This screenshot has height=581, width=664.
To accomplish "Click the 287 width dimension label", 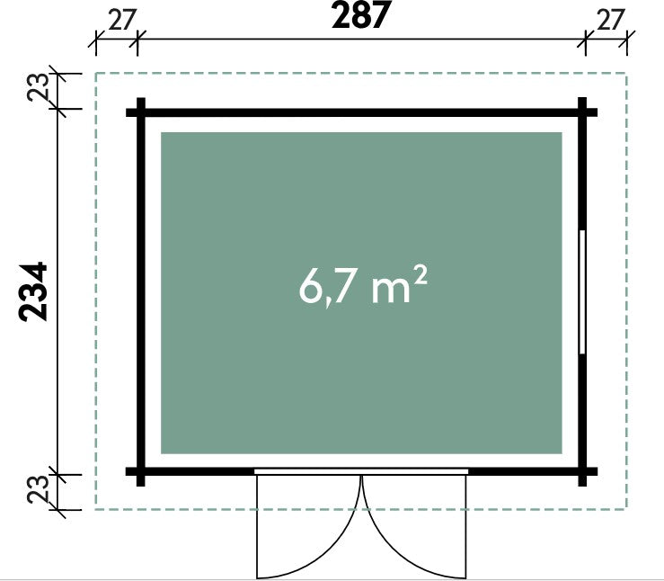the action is (359, 15).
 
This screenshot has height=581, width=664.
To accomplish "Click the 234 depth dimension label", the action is (33, 291).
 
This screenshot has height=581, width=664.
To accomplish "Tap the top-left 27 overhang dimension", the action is (121, 20).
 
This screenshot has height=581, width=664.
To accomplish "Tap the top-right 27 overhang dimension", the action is (610, 20).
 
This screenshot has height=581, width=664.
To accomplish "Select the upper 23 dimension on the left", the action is (38, 87).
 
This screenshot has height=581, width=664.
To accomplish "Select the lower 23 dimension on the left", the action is (38, 489).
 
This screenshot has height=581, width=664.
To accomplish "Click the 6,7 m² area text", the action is (362, 287).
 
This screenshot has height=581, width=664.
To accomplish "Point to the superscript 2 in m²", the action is (420, 279).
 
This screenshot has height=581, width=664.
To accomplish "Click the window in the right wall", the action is (583, 292).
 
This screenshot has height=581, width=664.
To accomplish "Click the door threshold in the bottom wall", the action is (361, 471).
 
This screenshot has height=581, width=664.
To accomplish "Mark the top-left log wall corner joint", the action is (141, 112).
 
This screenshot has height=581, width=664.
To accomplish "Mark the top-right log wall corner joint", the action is (583, 112).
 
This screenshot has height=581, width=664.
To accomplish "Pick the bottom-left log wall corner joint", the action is (141, 471).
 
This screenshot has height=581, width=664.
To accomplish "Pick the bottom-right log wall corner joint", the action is (583, 471).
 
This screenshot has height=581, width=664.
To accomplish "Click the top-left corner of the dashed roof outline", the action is (96, 74).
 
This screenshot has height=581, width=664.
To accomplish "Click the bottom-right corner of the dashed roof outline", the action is (627, 508).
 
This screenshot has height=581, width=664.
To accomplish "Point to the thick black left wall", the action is (141, 292).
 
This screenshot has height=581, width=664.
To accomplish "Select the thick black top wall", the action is (361, 112).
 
